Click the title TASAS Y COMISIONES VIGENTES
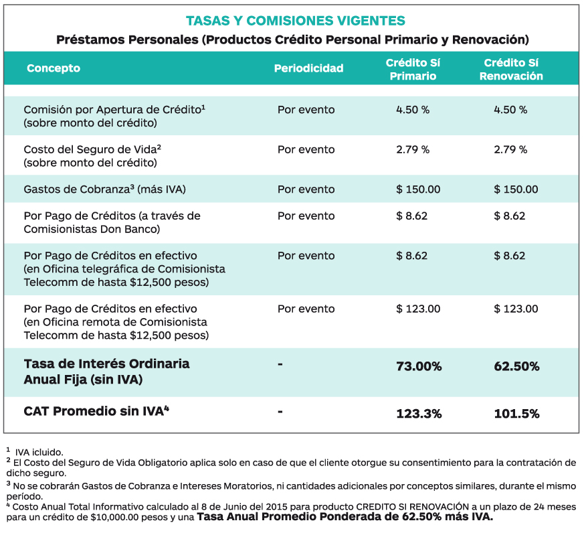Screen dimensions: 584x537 point(296,21)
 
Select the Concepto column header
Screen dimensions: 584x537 point(54,68)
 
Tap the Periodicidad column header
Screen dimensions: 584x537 point(309,68)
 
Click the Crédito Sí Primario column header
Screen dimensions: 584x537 point(413,70)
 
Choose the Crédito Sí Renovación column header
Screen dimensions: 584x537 point(511,70)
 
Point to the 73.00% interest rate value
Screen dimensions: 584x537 point(419,366)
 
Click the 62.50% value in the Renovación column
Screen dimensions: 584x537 point(516,366)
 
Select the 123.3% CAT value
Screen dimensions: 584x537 point(419,414)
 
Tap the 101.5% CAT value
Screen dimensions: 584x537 point(516,414)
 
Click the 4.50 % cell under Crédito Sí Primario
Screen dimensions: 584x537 point(413,110)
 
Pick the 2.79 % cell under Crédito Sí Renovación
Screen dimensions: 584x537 point(510,149)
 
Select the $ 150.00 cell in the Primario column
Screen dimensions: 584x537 point(418,189)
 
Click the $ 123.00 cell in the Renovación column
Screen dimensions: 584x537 point(516,309)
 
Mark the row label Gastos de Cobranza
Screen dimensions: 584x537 point(76,189)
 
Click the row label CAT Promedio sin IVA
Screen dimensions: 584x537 point(96,411)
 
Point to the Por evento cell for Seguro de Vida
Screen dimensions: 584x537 point(306,149)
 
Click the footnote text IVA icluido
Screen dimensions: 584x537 point(39,453)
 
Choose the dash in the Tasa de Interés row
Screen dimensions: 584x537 point(280,364)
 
